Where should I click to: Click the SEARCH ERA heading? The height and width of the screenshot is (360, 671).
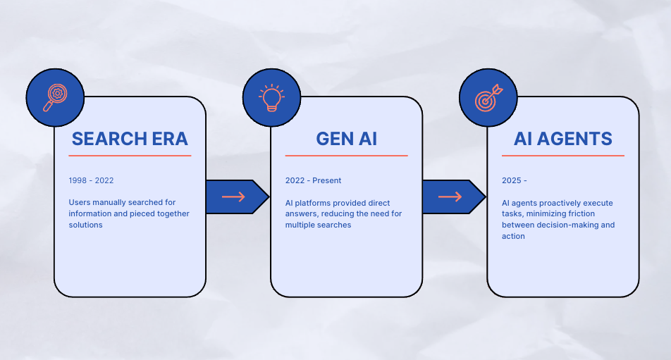click(x=130, y=139)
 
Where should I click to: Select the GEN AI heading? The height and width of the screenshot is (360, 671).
click(x=346, y=139)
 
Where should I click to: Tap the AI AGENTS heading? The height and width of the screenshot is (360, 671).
click(x=562, y=139)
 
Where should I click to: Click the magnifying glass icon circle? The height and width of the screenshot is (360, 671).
click(x=55, y=97)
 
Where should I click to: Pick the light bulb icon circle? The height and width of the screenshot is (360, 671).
click(x=271, y=97)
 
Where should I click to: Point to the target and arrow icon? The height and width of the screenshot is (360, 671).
click(x=488, y=97)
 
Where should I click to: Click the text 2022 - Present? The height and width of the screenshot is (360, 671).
click(x=313, y=181)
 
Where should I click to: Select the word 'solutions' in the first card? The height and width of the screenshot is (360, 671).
click(x=86, y=225)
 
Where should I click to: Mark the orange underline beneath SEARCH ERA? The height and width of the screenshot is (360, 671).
click(x=130, y=156)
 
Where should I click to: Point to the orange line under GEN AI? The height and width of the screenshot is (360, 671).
click(x=346, y=156)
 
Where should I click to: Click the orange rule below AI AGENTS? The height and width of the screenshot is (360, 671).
click(x=562, y=156)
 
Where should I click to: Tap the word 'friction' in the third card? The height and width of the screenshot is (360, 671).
click(x=599, y=214)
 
